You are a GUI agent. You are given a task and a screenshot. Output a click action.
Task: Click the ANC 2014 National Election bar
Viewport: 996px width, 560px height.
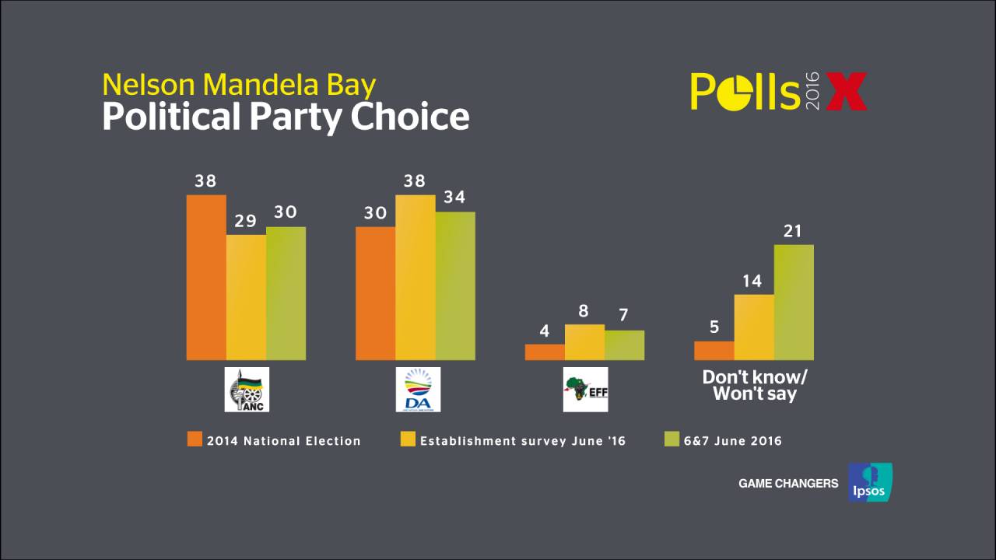click(206, 277)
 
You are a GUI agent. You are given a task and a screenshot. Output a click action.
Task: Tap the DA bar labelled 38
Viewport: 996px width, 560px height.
click(416, 277)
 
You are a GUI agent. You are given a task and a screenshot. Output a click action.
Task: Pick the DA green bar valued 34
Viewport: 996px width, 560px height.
click(455, 285)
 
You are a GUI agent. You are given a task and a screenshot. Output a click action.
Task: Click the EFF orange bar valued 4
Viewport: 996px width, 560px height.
click(545, 352)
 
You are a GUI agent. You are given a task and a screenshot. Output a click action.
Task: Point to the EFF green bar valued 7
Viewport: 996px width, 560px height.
click(624, 345)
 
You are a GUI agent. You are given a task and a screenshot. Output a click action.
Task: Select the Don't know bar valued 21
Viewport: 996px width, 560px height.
click(794, 302)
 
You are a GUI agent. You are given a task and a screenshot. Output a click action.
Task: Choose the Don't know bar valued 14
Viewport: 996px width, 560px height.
click(754, 327)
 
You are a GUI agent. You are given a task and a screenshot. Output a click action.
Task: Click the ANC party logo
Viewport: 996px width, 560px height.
click(247, 389)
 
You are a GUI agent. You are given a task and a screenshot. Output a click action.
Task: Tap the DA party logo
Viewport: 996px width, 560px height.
click(417, 389)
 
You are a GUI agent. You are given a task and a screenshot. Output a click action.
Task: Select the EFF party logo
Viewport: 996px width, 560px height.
click(585, 389)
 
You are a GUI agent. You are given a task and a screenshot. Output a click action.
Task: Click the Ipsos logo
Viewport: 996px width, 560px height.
click(870, 482)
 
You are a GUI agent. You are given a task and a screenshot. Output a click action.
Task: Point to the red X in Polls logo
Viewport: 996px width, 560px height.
click(846, 92)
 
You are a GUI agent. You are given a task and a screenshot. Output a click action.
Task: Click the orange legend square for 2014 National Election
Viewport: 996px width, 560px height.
click(195, 439)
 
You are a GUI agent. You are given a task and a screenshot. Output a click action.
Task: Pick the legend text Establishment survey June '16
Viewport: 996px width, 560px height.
click(523, 441)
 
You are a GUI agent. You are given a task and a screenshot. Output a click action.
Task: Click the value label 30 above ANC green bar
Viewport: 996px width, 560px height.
click(286, 212)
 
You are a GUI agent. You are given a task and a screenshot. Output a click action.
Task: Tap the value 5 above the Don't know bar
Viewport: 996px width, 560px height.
click(714, 327)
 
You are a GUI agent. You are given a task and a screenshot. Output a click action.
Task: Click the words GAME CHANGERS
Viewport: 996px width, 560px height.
click(788, 484)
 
